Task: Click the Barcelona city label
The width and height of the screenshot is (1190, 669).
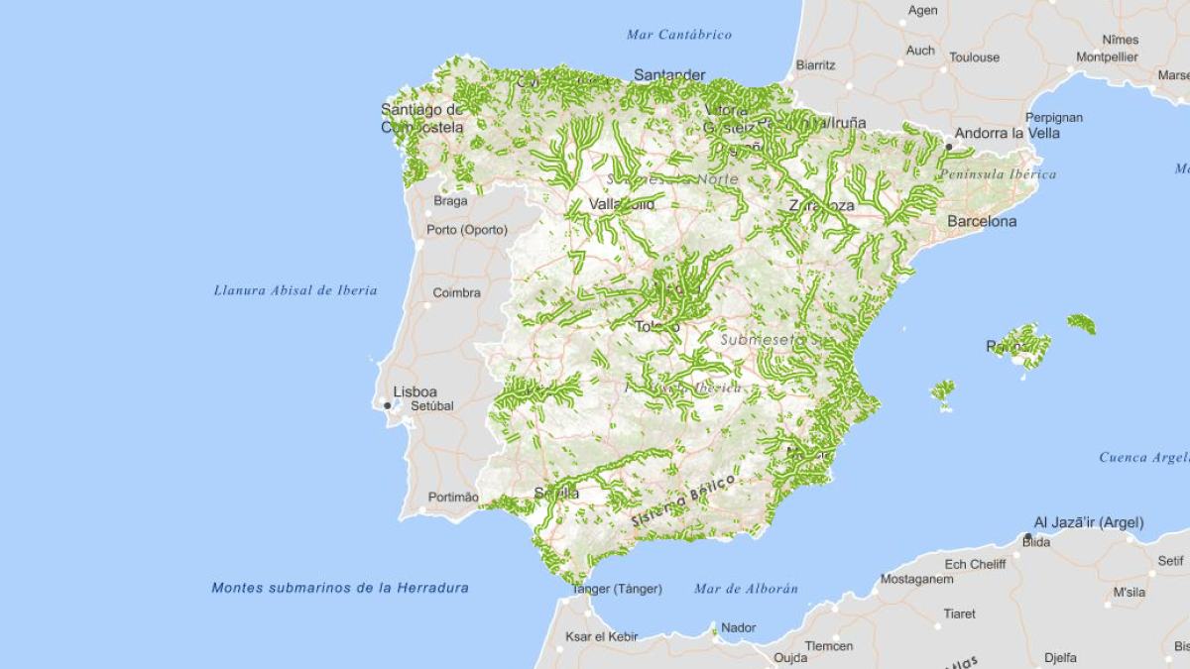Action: [x=982, y=221]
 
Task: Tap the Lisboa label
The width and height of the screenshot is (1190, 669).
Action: [x=415, y=391]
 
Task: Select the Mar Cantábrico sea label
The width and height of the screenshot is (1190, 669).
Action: [x=679, y=35]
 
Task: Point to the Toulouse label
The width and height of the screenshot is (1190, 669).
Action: [x=974, y=57]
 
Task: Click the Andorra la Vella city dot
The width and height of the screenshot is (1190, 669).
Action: [x=948, y=147]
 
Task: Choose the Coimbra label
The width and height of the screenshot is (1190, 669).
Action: [x=456, y=292]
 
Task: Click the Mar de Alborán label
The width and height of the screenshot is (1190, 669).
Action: [x=746, y=589]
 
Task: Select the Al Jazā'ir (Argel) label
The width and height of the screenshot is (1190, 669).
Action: [x=1088, y=522]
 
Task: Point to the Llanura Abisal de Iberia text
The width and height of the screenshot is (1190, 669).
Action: [x=296, y=290]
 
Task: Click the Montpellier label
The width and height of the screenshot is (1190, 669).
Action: [x=1108, y=57]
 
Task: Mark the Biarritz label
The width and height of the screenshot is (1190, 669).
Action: [x=815, y=64]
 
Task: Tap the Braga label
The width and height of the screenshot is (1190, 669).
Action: [x=450, y=200]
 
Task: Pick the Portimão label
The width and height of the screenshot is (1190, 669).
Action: [x=452, y=498]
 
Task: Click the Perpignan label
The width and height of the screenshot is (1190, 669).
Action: [x=1054, y=117]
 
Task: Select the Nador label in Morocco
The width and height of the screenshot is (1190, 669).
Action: [x=738, y=627]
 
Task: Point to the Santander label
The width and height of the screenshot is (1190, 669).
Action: [x=669, y=74]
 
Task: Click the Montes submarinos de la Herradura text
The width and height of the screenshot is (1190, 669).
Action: [x=340, y=588]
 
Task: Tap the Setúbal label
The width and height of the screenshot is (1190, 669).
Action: [x=431, y=405]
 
